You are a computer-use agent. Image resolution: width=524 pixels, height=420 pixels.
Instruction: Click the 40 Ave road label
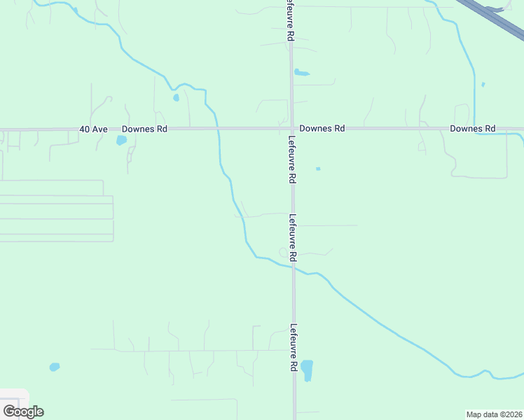(93, 129)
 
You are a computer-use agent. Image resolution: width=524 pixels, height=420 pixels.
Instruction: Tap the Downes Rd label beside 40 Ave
(144, 129)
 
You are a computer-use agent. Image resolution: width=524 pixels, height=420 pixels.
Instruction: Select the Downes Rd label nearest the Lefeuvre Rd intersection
(322, 129)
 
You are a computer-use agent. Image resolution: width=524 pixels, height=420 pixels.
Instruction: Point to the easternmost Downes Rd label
(473, 129)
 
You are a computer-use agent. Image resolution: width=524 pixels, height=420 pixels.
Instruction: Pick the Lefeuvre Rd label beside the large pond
(293, 347)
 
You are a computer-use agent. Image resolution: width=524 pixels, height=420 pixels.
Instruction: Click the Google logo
(23, 411)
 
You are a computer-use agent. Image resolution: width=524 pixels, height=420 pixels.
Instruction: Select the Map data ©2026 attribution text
(495, 414)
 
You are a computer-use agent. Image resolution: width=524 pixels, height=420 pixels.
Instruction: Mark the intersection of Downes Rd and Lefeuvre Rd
(291, 129)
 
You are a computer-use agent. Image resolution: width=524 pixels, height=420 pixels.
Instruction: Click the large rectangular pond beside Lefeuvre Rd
(307, 370)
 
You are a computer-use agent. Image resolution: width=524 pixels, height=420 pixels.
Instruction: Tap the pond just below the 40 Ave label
(121, 140)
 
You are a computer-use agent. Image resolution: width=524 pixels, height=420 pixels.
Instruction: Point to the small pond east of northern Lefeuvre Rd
(301, 73)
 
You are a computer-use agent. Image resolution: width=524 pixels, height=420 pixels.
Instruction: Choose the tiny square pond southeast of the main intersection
(318, 169)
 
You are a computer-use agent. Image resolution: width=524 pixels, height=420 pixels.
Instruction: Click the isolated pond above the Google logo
(55, 367)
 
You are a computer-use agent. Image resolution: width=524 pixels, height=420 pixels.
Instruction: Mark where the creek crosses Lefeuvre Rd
(294, 267)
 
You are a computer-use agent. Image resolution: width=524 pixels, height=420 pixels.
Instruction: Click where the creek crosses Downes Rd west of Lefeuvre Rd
(218, 129)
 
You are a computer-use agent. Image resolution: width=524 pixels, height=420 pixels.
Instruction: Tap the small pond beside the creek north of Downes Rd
(176, 97)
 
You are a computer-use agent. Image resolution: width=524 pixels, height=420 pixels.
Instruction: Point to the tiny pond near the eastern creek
(483, 85)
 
